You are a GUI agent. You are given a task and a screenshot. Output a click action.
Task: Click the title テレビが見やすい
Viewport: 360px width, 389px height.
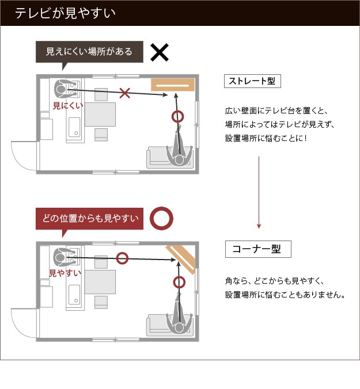[65, 13]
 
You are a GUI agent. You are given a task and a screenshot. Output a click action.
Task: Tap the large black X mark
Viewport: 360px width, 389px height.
[160, 52]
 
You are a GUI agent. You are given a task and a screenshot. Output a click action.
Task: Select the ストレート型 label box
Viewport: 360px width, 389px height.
[252, 81]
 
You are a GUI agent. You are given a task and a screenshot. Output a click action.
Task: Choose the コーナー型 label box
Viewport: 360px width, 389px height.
[257, 249]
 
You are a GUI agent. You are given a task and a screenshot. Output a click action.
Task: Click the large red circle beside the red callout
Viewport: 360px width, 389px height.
[162, 218]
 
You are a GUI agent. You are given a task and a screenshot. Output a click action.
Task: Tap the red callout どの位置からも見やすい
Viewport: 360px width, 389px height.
[91, 218]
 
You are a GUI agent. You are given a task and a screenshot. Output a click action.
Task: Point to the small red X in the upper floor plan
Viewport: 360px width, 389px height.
[124, 91]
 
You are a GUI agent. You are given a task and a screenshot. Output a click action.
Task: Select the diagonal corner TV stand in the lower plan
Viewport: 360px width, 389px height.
[181, 258]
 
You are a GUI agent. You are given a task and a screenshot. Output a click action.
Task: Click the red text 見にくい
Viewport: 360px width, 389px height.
[68, 105]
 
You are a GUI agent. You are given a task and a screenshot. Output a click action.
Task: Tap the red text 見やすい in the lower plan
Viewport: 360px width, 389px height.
[65, 272]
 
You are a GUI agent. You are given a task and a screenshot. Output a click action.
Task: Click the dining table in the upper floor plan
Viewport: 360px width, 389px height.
[100, 114]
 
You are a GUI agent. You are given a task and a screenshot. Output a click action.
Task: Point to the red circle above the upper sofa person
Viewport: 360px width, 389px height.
[179, 117]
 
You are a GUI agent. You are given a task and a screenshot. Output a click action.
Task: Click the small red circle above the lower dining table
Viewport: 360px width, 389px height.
[122, 258]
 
